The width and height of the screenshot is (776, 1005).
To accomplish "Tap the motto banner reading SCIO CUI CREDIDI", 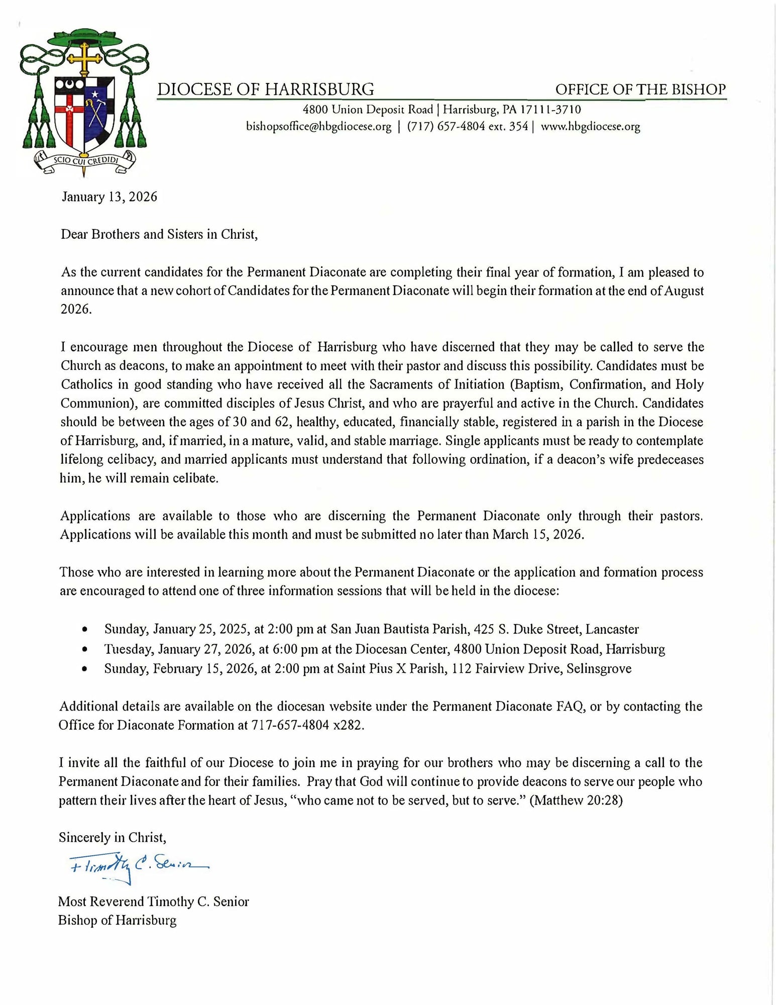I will click(x=84, y=161).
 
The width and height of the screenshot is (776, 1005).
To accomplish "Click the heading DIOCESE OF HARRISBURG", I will click(x=266, y=89).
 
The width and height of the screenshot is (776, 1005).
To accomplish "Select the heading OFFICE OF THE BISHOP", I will click(x=640, y=89).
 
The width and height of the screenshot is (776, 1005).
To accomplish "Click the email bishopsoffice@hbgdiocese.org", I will click(x=318, y=127).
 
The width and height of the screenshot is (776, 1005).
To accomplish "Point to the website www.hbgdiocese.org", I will click(x=590, y=127).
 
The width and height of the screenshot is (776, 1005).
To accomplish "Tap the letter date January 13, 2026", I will click(x=109, y=196).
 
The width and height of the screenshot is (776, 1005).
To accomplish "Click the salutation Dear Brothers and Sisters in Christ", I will click(x=159, y=234).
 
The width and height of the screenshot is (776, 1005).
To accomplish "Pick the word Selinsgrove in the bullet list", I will click(x=599, y=669).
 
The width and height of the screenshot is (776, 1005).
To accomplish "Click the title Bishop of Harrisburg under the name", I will click(x=118, y=920).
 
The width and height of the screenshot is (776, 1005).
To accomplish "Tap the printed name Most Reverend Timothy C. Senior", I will click(x=154, y=901).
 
